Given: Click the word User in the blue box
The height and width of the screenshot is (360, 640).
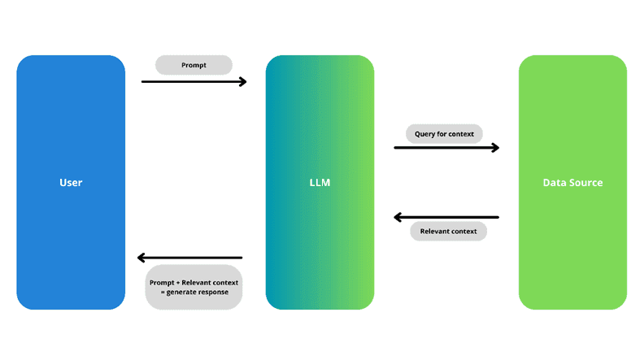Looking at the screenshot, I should (71, 183).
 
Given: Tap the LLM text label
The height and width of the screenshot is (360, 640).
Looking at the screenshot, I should (320, 183).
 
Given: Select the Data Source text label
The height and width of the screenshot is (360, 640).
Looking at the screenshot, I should (573, 183).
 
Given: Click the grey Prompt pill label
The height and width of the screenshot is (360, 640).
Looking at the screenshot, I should (194, 65).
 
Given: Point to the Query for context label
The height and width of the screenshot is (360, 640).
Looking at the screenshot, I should (444, 133).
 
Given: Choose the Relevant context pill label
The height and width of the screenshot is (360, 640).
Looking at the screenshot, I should (448, 232).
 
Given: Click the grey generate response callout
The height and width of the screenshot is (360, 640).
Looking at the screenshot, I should (194, 287).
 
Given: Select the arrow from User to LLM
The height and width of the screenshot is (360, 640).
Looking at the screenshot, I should (194, 81).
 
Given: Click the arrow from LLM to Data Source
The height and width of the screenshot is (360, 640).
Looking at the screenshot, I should (446, 148).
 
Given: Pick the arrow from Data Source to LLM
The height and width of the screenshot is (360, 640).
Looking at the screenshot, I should (446, 217).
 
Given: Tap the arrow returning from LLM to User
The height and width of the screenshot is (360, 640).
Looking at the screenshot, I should (190, 258).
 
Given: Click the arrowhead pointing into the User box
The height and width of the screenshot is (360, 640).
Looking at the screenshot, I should (141, 258).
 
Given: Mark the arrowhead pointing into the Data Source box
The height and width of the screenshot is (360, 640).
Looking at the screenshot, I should (494, 148).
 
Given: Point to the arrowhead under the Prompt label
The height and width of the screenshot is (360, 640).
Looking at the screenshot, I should (242, 81).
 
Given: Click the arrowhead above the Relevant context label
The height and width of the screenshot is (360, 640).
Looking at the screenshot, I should (398, 217).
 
